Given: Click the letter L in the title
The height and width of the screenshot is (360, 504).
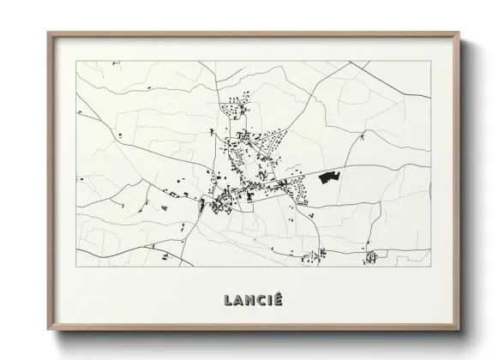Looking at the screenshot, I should coord(228,300).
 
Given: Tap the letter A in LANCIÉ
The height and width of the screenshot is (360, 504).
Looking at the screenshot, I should coord(239,300).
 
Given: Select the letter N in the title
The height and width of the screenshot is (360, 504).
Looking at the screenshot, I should coord(251,300).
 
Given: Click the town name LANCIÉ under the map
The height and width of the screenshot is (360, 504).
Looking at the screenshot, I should coord(253,300).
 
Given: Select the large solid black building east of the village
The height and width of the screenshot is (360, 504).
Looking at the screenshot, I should coord(329,177).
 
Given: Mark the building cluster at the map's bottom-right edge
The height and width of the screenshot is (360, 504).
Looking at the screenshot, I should coord(370,256).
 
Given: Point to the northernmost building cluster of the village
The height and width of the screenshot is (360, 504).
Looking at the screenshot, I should coord(232,108).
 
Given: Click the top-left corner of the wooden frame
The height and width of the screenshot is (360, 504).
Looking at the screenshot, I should coord(48,33).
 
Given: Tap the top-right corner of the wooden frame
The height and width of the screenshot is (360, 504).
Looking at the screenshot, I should coord(459,33).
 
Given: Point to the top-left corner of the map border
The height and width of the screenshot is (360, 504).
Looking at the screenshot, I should coord(76,61).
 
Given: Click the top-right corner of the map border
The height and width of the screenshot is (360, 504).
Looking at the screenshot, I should coord(431,61).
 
